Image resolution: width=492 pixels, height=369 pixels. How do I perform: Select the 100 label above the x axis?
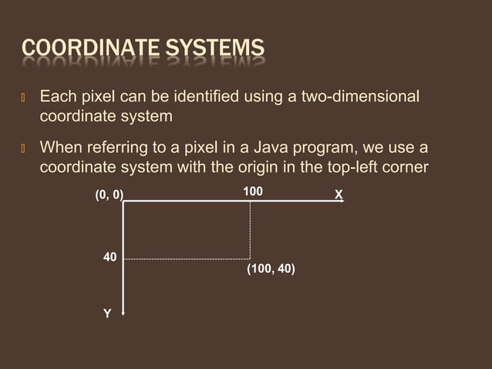[252, 191]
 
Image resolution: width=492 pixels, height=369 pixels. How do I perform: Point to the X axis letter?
[339, 195]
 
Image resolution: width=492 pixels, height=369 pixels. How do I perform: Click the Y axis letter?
[107, 313]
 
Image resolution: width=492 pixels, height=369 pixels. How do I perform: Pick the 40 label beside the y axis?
[110, 257]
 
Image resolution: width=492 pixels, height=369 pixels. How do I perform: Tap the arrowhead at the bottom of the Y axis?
[123, 313]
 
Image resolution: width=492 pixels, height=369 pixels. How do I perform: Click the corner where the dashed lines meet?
[250, 259]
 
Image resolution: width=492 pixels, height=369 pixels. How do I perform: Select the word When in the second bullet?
[59, 147]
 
